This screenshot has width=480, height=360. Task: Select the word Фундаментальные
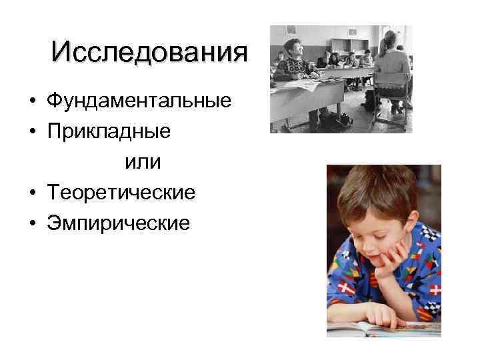(x=139, y=101)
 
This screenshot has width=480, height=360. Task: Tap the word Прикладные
(x=109, y=131)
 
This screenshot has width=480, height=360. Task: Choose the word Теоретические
(x=121, y=193)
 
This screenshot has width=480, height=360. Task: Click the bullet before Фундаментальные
(x=32, y=102)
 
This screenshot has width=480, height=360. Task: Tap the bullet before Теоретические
(x=32, y=194)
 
